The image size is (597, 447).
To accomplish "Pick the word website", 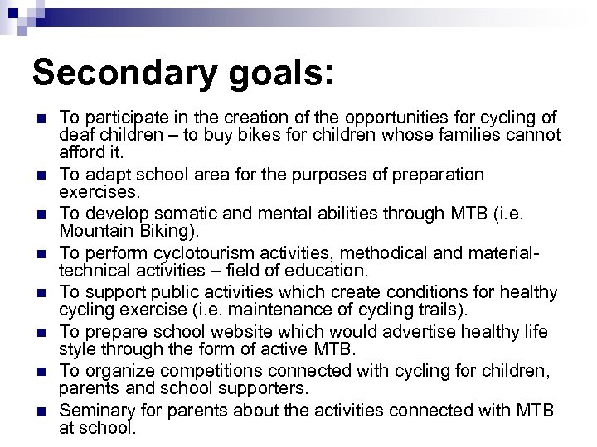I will (x=240, y=333).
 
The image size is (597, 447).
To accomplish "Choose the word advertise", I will (x=396, y=333).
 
